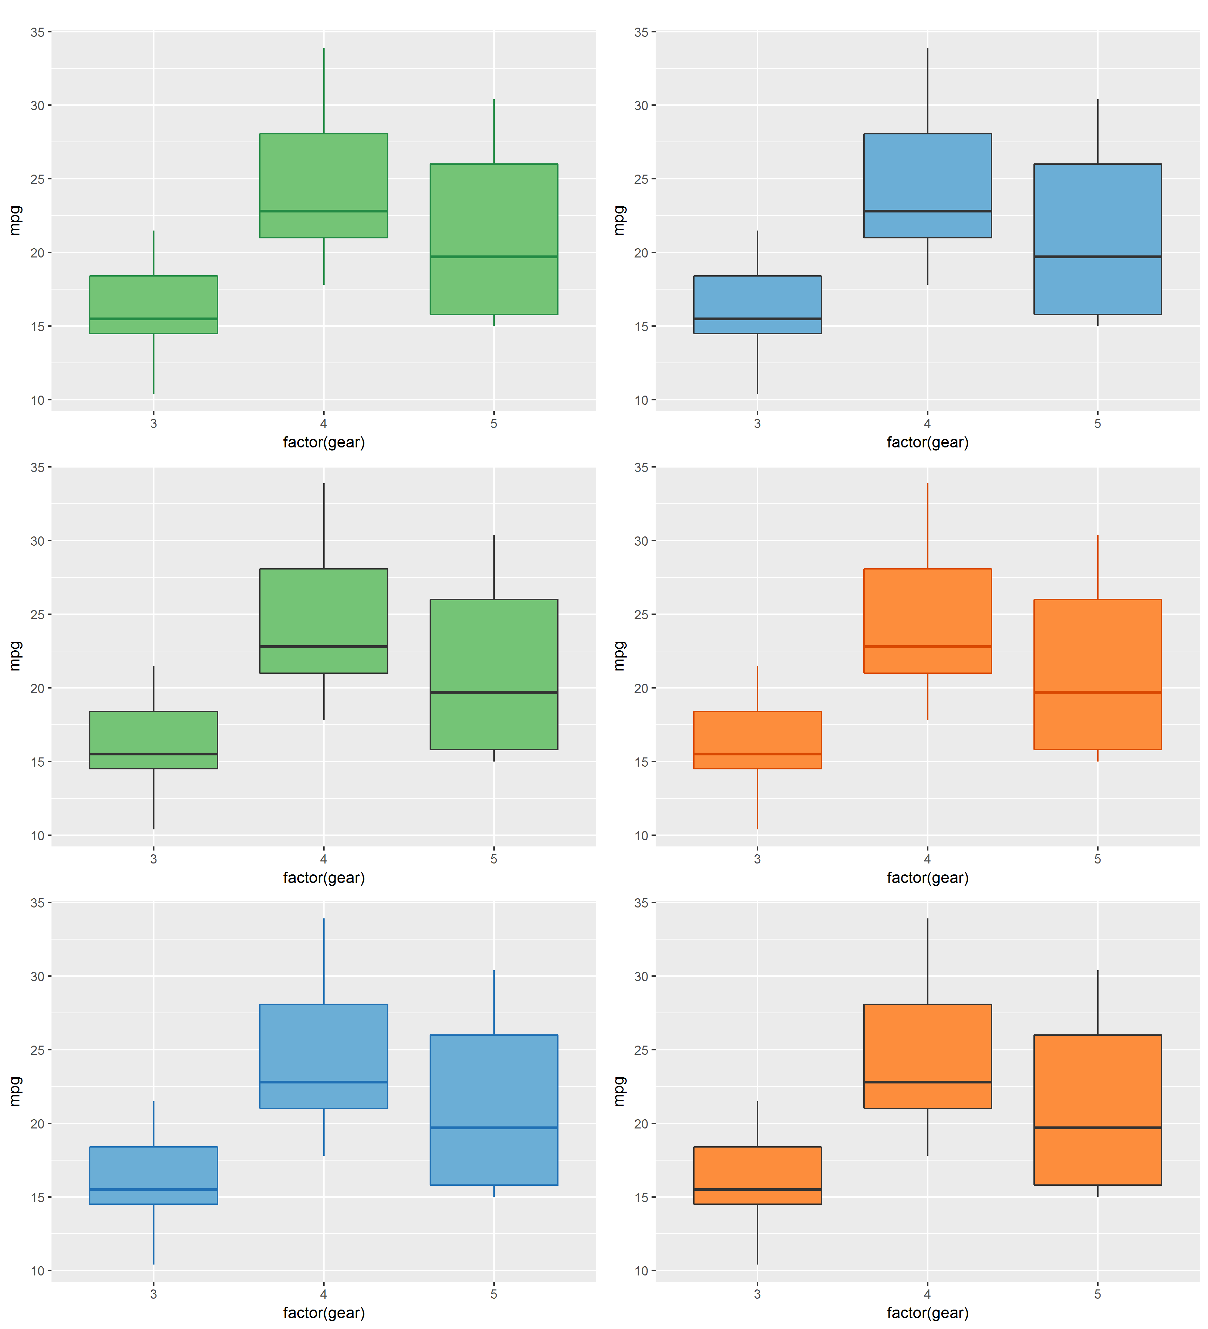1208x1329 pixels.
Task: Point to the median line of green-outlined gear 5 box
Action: (494, 256)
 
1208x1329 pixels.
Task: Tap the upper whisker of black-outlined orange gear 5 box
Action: (1097, 1002)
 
